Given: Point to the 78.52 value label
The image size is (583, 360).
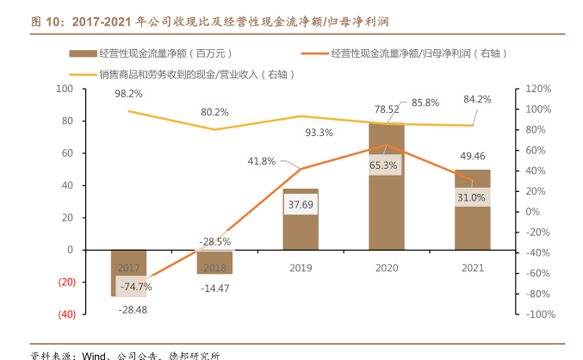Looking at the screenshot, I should [x=387, y=109].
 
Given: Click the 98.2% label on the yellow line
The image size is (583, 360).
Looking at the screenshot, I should [x=128, y=93].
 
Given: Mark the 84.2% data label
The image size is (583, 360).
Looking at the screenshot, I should [x=476, y=99].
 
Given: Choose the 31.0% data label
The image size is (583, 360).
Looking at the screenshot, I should [x=471, y=197].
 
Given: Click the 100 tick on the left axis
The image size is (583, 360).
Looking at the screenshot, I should [x=65, y=89].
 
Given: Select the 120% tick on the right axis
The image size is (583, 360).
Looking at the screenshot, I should [x=536, y=89].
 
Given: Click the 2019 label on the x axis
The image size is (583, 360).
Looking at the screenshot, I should [x=301, y=268].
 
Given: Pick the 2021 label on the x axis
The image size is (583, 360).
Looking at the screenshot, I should [x=472, y=268].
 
